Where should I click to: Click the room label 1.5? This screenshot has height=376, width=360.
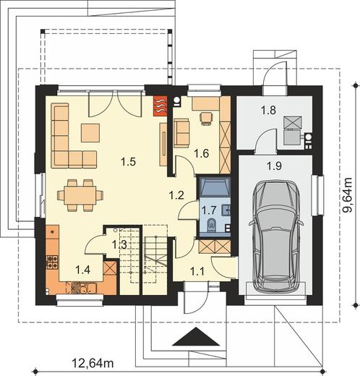point(128,162)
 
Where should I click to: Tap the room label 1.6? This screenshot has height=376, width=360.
point(202,153)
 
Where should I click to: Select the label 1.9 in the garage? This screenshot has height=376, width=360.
point(275,166)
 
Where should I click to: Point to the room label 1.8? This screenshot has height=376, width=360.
point(268,110)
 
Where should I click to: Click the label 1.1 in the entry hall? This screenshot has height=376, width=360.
point(197,272)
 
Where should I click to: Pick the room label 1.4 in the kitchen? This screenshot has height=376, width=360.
point(82,270)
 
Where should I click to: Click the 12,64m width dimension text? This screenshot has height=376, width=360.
point(93,363)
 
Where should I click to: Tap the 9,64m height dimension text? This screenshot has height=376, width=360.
point(348,195)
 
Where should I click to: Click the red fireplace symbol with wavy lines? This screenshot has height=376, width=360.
point(160,106)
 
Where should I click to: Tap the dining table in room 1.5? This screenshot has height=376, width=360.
point(80,195)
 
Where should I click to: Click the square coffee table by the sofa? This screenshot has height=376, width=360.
point(90,133)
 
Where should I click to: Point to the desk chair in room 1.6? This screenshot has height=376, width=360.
point(206,119)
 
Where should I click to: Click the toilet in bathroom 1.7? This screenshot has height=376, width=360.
point(212,225)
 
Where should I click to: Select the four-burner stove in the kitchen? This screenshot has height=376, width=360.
point(52,262)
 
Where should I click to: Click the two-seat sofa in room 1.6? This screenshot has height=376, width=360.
point(181,133)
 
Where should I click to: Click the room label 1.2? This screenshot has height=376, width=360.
point(176,195)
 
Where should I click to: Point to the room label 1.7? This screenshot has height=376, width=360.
point(209,210)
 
